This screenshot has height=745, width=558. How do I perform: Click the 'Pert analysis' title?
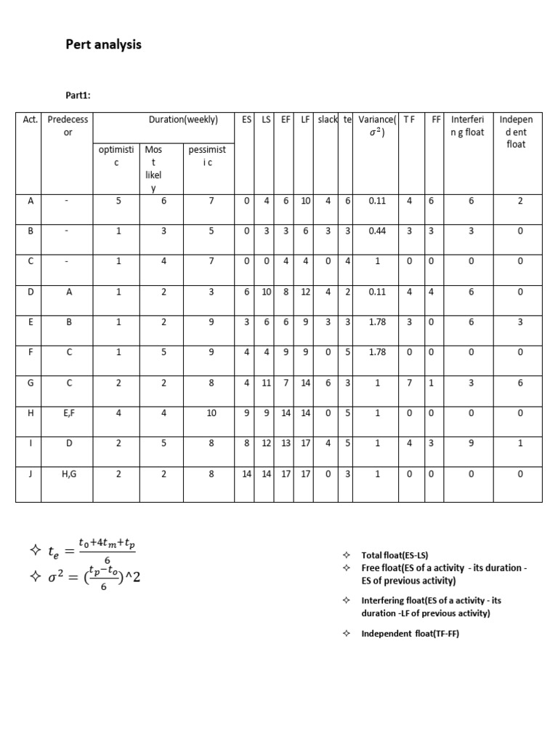click(x=103, y=45)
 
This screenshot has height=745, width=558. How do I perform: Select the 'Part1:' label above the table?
click(x=79, y=95)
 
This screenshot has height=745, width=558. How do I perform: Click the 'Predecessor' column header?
click(x=68, y=126)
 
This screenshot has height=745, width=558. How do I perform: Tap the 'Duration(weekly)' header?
click(x=183, y=119)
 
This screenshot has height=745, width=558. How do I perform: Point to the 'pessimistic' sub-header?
click(x=207, y=156)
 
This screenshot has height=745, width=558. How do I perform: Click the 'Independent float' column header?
click(x=516, y=132)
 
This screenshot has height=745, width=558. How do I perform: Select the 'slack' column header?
click(x=327, y=119)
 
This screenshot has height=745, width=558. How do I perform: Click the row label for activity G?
click(x=30, y=382)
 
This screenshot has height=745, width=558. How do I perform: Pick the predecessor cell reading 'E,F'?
click(x=68, y=413)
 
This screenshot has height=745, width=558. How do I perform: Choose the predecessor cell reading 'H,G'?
click(x=68, y=472)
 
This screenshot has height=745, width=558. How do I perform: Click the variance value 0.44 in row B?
click(x=376, y=231)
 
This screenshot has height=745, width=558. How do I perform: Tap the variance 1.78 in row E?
click(x=376, y=322)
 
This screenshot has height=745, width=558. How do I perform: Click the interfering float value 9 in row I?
click(x=470, y=442)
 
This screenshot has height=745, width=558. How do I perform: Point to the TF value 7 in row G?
click(x=411, y=382)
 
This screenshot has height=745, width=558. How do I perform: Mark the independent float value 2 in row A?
click(x=519, y=202)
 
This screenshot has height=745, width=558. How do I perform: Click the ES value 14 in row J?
click(x=247, y=472)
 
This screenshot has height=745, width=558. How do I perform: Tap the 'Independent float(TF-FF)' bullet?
click(x=410, y=634)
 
